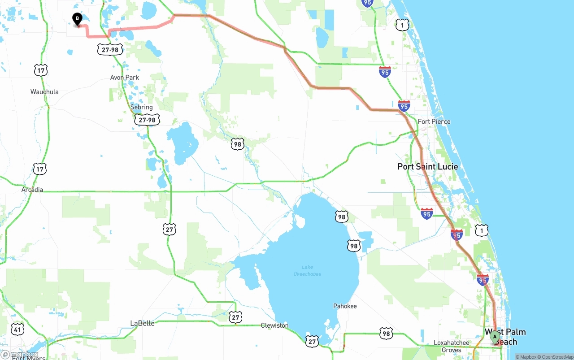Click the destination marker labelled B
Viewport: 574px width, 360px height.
[x=77, y=19]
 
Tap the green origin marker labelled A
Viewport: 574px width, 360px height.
[x=495, y=337]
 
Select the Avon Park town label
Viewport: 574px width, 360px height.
[x=125, y=78]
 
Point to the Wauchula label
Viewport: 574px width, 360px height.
[x=44, y=92]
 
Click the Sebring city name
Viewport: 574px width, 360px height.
[x=141, y=107]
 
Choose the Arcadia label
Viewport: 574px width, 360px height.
[x=32, y=190]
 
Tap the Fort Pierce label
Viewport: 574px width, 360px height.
[x=434, y=121]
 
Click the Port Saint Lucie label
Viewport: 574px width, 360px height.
[x=427, y=166]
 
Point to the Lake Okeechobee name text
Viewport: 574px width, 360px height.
[x=307, y=270]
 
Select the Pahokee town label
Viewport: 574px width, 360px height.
[x=345, y=306]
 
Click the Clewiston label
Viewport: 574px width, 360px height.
[x=274, y=325]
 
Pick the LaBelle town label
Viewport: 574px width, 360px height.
[x=142, y=323]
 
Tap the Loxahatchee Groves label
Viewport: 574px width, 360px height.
[x=452, y=346]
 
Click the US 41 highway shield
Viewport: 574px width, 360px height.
[x=17, y=330]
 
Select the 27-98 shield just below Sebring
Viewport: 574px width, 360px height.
[x=147, y=120]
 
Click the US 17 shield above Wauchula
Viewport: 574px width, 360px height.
[x=40, y=70]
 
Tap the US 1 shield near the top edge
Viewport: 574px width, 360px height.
[x=402, y=25]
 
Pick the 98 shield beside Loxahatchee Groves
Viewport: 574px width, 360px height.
[x=386, y=333]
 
